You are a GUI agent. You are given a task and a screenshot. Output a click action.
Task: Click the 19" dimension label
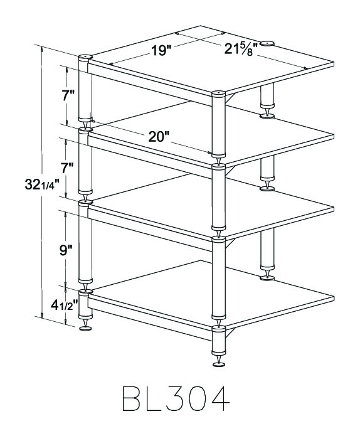click(161, 50)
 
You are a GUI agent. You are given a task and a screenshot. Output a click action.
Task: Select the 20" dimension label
click(159, 137)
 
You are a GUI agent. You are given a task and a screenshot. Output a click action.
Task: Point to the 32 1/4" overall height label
click(42, 184)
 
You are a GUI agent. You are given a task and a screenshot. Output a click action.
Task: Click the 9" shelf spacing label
click(66, 250)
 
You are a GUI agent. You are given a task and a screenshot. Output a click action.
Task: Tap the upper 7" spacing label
click(68, 95)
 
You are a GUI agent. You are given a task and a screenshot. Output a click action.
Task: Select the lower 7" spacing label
click(67, 168)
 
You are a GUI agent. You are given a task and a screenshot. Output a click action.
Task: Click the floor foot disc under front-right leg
click(219, 364)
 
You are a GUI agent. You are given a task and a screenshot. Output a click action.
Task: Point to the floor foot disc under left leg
click(85, 328)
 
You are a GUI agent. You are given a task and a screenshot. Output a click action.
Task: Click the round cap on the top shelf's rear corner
click(267, 44)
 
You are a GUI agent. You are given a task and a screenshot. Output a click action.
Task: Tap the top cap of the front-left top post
click(85, 57)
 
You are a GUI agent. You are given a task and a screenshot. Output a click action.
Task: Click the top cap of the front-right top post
click(218, 93)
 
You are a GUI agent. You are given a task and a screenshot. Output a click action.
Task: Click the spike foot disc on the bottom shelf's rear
click(267, 278)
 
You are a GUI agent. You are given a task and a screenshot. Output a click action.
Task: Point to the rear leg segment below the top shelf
click(267, 95)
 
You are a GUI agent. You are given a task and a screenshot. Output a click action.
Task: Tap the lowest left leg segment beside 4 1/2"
click(85, 304)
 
